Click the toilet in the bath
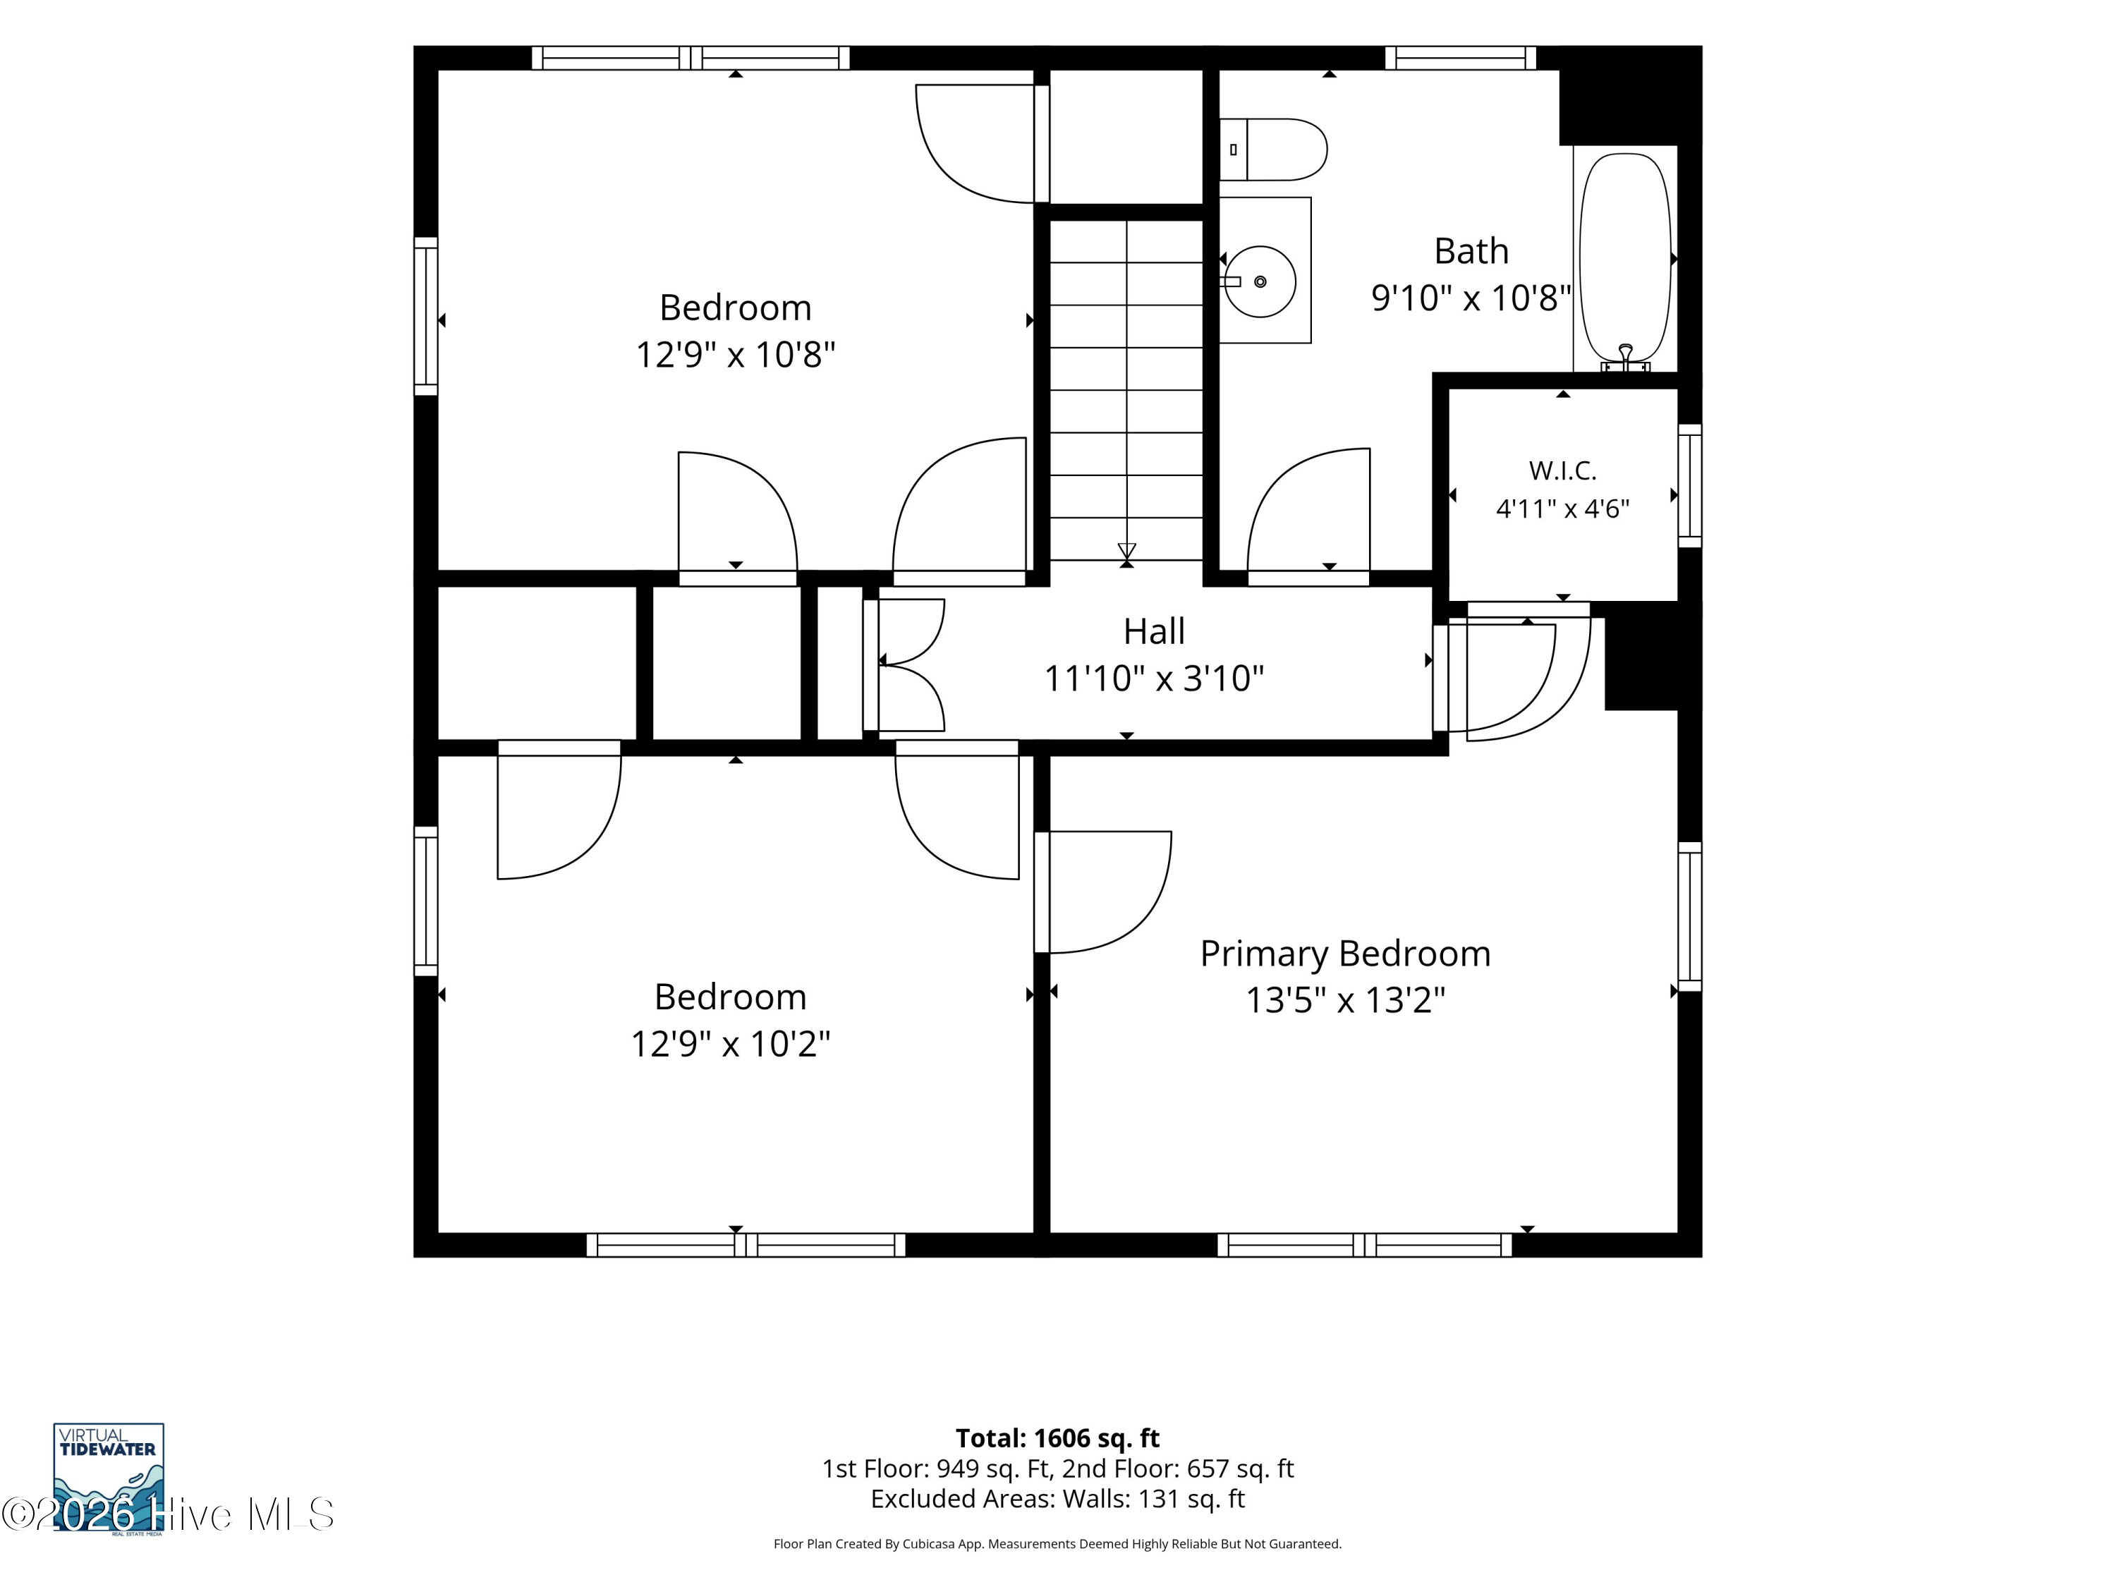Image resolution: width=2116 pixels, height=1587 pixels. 1272,150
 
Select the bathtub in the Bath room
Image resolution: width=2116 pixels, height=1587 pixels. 1625,258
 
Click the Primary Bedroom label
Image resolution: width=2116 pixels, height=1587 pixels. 1345,954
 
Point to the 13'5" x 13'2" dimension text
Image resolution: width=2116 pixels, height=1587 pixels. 1345,1001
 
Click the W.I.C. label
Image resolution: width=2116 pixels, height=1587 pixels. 1562,470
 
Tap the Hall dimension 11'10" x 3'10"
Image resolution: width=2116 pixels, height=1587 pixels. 1154,679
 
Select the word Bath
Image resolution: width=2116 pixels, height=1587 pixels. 1471,250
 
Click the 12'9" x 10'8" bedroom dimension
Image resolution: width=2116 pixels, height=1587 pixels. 736,355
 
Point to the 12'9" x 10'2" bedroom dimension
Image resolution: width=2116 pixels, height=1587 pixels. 730,1044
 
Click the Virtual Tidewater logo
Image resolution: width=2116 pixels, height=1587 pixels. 108,1478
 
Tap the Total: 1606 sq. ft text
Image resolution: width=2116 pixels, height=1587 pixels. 1057,1437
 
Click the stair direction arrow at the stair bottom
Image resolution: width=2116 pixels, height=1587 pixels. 1127,553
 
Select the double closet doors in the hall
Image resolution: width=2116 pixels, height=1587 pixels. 905,665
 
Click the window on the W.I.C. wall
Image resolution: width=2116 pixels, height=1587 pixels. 1690,486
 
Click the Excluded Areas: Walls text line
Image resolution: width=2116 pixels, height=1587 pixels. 1057,1499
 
